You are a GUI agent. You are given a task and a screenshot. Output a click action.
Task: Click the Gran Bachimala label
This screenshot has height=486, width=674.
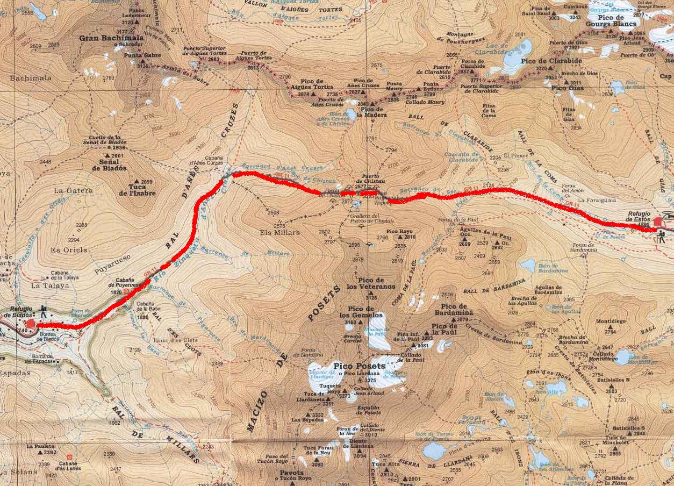point(111,38)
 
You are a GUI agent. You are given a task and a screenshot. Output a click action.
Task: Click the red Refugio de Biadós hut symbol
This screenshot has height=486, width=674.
point(31,323)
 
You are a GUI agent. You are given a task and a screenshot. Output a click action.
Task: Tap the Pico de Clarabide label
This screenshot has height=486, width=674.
point(544,61)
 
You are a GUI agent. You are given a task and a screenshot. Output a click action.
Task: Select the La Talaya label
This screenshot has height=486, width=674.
point(50,286)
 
